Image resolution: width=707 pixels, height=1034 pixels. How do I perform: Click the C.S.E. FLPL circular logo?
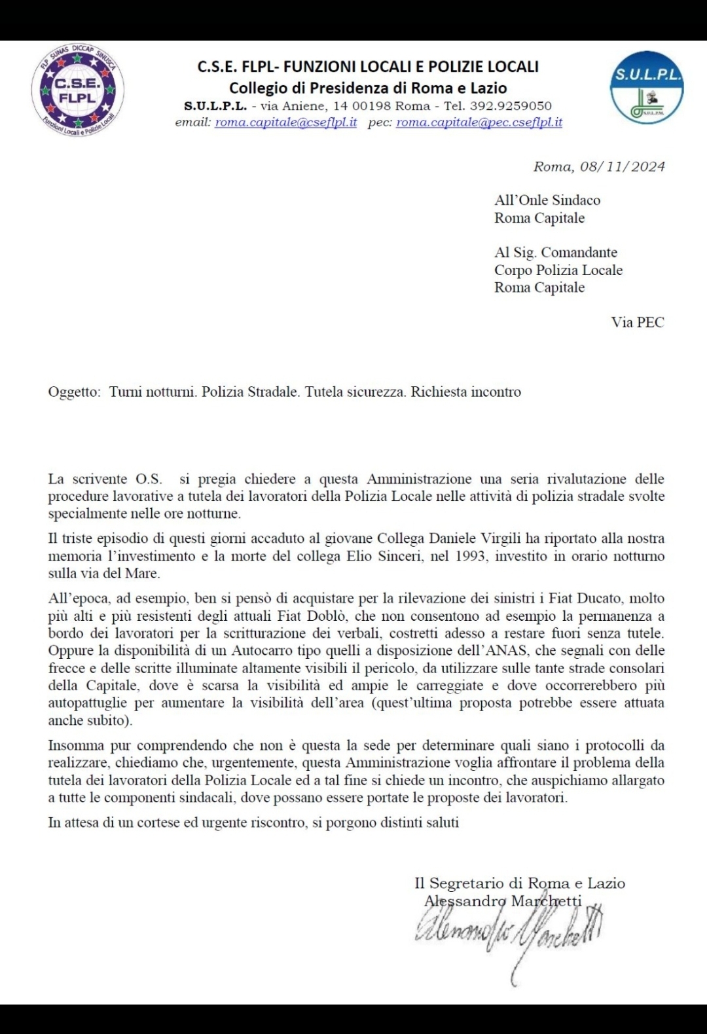(x=77, y=90)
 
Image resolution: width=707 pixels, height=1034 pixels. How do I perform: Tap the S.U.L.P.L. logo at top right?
(x=647, y=88)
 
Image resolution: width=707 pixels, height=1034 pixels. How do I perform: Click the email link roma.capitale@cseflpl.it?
(x=286, y=122)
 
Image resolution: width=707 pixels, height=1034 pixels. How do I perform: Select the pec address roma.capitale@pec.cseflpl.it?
(x=479, y=122)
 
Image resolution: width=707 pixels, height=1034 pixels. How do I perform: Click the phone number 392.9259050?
(x=511, y=106)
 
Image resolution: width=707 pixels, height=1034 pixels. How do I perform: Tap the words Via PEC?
(x=638, y=322)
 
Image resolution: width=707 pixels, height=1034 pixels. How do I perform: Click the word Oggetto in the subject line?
(x=73, y=392)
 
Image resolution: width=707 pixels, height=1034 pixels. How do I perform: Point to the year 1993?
(x=471, y=557)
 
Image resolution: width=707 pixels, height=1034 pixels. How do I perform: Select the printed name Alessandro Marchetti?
(x=503, y=901)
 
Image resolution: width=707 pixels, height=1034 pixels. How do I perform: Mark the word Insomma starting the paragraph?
(x=76, y=746)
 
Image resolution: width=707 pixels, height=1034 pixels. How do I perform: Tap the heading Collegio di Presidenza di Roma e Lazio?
(x=368, y=88)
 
